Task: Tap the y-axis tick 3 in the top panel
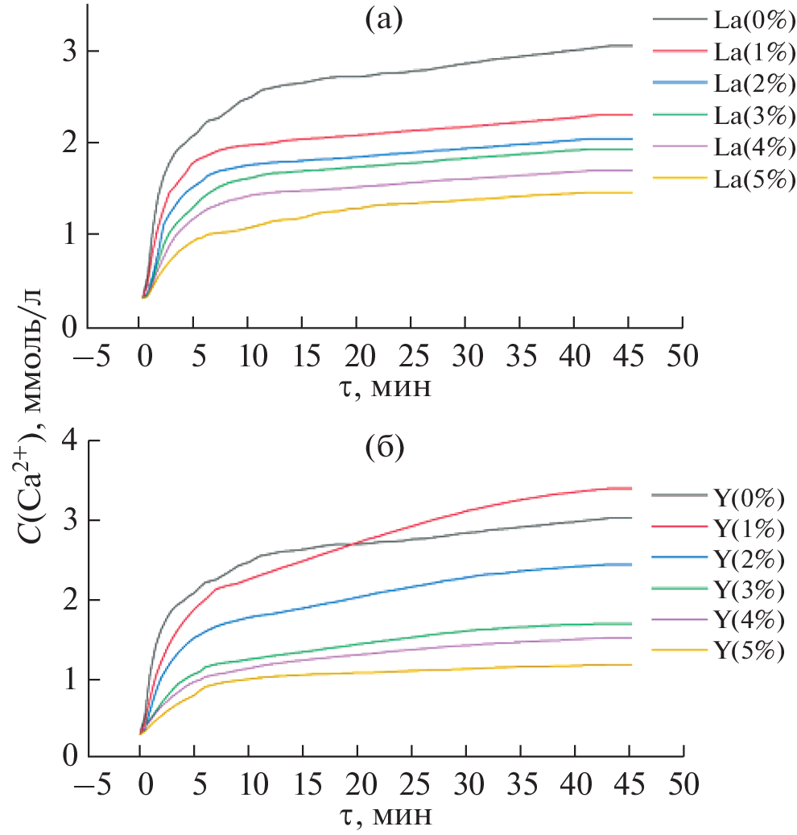point(70,51)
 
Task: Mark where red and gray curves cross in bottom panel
point(351,544)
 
